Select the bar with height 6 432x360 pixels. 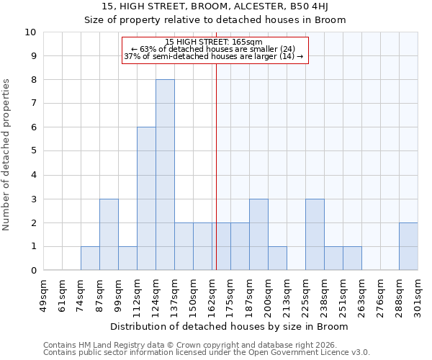pos(146,199)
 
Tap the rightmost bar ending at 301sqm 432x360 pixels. pos(408,246)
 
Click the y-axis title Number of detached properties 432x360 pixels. pos(7,156)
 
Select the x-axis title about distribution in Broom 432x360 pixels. pos(230,327)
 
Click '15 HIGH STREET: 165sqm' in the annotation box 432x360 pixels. pos(214,42)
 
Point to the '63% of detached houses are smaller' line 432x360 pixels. pos(214,49)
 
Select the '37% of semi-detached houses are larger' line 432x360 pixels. pos(214,56)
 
